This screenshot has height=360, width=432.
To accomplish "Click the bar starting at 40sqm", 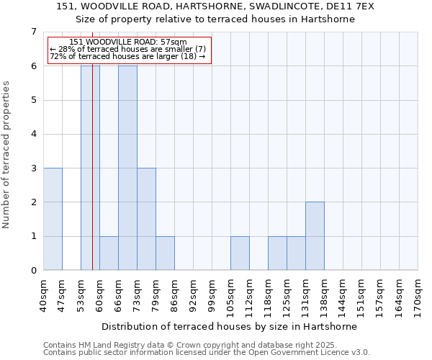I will tap(53, 219).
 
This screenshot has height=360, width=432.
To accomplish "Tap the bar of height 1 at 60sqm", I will tap(109, 253).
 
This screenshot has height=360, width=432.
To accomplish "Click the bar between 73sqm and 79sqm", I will tap(146, 219).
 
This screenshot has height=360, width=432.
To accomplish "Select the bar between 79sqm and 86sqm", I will tap(165, 253).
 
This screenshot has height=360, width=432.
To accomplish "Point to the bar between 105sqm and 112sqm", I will tap(240, 253).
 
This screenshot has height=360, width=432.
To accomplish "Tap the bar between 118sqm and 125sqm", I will tap(277, 253).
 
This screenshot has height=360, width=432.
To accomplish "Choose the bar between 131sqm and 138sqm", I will tap(315, 236).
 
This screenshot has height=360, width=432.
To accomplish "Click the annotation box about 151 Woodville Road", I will tap(129, 50).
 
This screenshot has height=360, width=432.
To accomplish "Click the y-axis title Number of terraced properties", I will tap(7, 155).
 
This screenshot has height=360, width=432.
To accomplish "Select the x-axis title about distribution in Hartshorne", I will tap(230, 326).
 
